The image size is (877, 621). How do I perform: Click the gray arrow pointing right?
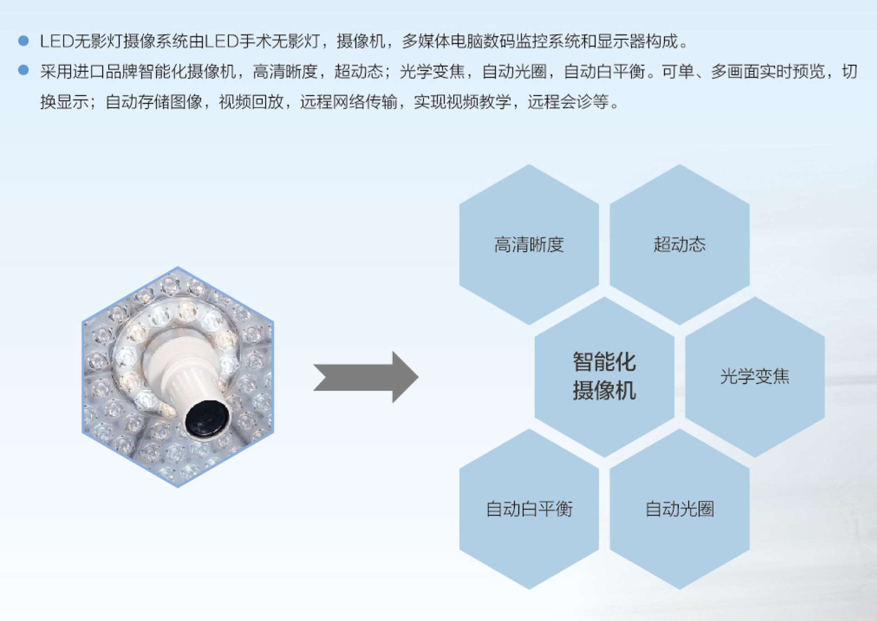tap(365, 377)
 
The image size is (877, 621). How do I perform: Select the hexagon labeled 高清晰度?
tap(529, 245)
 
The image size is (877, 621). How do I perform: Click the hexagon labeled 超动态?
tap(680, 245)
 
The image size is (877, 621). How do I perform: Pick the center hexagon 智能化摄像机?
tap(604, 377)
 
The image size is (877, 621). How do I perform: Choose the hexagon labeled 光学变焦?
tap(755, 377)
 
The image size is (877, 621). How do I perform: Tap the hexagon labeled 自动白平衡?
tap(529, 509)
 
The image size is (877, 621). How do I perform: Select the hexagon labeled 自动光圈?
tap(680, 509)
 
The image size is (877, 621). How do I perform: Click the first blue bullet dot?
tap(23, 41)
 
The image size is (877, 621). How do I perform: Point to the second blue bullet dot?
tap(23, 70)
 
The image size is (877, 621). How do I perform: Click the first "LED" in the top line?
tap(57, 42)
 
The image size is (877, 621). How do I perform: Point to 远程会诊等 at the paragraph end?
tap(568, 102)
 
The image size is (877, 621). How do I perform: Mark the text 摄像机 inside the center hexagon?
tap(604, 391)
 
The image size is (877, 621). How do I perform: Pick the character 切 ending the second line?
tap(850, 72)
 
